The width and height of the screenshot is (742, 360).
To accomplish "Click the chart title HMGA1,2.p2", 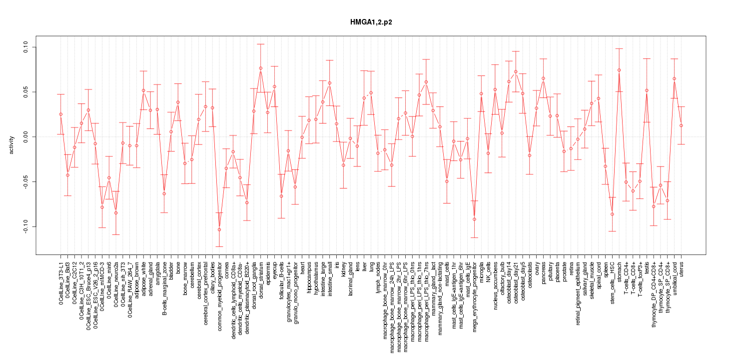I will (x=371, y=23).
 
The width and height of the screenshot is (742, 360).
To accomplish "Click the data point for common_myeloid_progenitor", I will (x=219, y=229).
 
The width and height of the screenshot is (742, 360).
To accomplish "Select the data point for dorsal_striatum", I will (x=261, y=68).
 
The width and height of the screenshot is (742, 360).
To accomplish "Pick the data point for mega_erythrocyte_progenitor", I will (x=474, y=219).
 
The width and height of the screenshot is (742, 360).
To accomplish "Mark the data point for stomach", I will (x=619, y=70).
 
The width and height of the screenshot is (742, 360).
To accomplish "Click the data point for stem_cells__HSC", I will (x=612, y=214).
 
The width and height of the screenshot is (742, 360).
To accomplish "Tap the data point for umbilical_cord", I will (x=675, y=78).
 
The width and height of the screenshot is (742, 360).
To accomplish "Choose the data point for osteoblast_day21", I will (x=516, y=71).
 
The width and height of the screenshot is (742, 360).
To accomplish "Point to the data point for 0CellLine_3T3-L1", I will (x=60, y=114).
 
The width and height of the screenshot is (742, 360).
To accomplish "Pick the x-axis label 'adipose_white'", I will (x=144, y=275).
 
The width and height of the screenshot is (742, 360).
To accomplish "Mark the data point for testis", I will (x=647, y=90).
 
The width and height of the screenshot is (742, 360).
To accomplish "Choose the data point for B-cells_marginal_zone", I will (x=164, y=193).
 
